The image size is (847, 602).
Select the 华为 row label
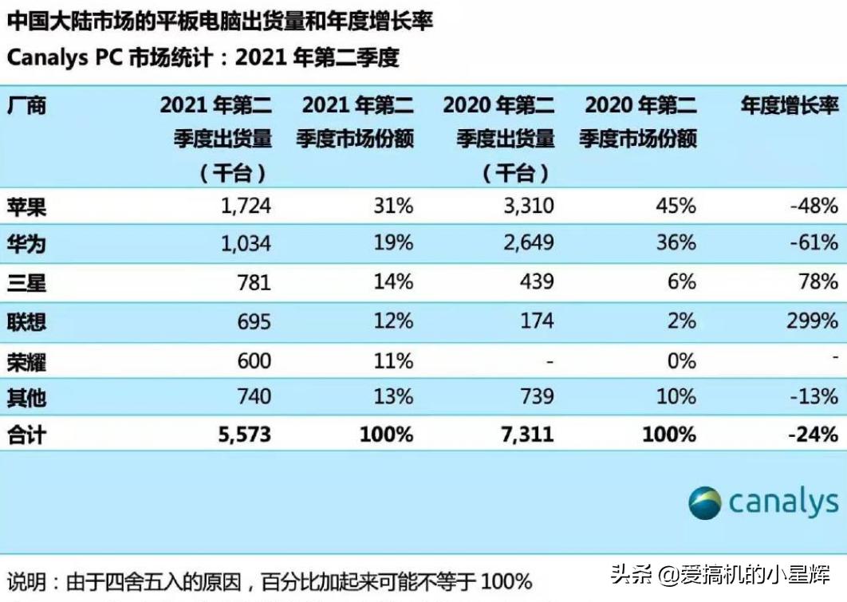click(x=26, y=243)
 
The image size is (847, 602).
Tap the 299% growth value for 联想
click(x=811, y=321)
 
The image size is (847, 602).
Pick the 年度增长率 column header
click(x=790, y=105)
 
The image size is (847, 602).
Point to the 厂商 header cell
click(x=26, y=105)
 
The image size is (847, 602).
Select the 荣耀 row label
click(x=26, y=361)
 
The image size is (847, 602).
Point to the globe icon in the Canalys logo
click(x=705, y=503)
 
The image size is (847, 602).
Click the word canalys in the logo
click(x=782, y=503)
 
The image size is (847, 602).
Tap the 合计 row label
click(x=26, y=435)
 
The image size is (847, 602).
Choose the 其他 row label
click(x=26, y=397)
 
